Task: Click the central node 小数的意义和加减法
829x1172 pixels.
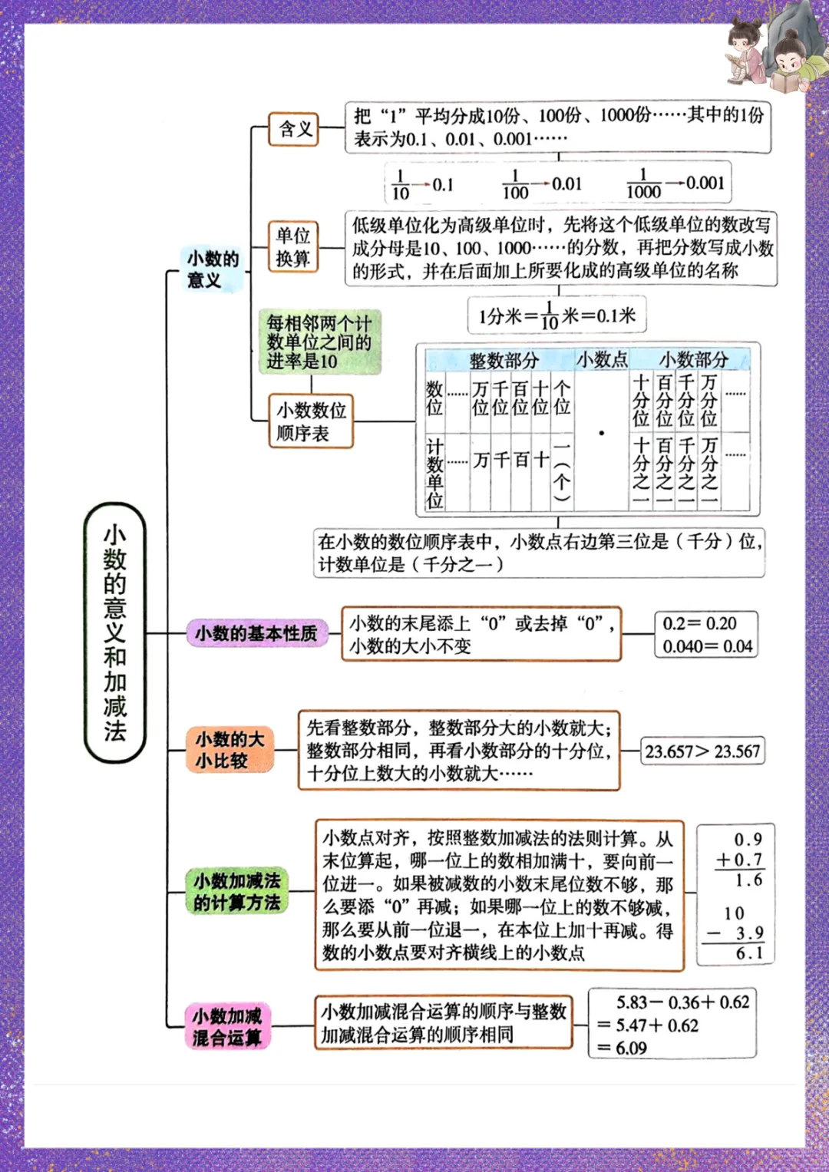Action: pos(114,632)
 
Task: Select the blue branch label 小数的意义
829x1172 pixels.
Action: pos(213,269)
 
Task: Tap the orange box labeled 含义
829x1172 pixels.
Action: pos(294,129)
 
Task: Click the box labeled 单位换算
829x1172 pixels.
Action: pos(293,246)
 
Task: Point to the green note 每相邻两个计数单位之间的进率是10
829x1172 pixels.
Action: pos(319,342)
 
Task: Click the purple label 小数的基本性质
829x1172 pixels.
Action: pos(256,633)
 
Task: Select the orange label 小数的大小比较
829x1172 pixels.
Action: pos(230,750)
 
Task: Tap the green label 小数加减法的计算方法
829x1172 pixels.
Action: pos(236,891)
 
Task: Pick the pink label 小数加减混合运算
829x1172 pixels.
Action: pos(227,1026)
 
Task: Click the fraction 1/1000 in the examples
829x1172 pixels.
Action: pos(643,184)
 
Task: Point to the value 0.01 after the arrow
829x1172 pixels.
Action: pos(566,184)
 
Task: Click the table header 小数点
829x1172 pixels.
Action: pos(602,359)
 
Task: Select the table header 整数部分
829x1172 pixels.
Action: pos(504,360)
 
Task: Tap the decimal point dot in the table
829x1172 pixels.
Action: pos(602,434)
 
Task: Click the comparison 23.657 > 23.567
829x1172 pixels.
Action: pos(702,751)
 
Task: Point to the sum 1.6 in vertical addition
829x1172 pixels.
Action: pos(748,880)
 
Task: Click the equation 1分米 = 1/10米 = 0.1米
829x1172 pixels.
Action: pos(557,315)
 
